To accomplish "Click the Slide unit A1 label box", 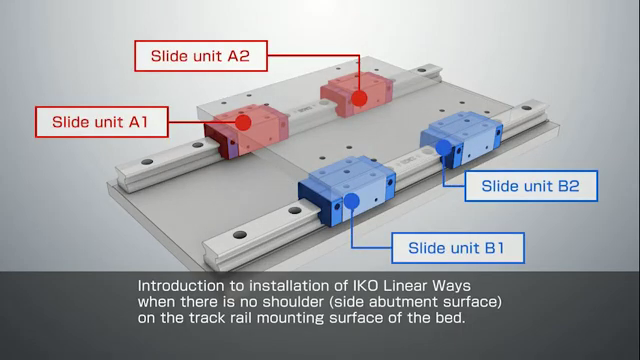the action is pos(102,122).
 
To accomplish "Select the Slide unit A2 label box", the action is pos(201,56).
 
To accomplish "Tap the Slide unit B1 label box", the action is pos(458,248).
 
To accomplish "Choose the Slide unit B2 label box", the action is pos(531,186).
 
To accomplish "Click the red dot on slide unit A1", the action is pos(243,122).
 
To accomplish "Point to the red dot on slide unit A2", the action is pos(359,98).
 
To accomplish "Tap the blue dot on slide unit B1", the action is pos(351,200).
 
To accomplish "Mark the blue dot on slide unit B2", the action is pos(443,147).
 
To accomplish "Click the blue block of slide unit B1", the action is pos(347,190).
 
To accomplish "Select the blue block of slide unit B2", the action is pos(462,139).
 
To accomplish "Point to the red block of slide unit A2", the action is pos(356,94).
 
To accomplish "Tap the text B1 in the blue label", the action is pos(494,248).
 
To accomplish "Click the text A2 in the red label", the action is pos(238,56).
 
